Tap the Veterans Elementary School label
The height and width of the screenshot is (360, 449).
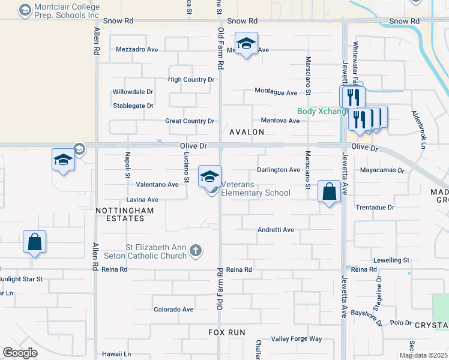pos(256,188)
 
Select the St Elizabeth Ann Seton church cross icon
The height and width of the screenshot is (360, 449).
pos(195,251)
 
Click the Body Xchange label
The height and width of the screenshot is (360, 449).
pos(323,111)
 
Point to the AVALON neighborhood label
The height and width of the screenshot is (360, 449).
pos(246,131)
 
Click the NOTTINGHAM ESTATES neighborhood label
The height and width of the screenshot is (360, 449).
pos(120,214)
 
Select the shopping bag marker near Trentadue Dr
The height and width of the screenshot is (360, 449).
pos(329,192)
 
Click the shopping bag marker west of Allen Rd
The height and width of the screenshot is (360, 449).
pos(35,242)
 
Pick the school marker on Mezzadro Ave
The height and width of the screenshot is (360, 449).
pos(246,44)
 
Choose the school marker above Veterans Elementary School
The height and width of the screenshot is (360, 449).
pos(209,176)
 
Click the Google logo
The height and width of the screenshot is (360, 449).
pos(20,353)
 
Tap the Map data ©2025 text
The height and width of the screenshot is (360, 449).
pos(423,355)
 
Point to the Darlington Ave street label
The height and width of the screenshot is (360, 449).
pos(279,170)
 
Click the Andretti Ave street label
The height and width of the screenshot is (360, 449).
pos(276,230)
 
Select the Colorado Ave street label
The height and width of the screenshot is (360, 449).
pos(173,310)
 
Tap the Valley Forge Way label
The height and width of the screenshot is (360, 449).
pos(297,339)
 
